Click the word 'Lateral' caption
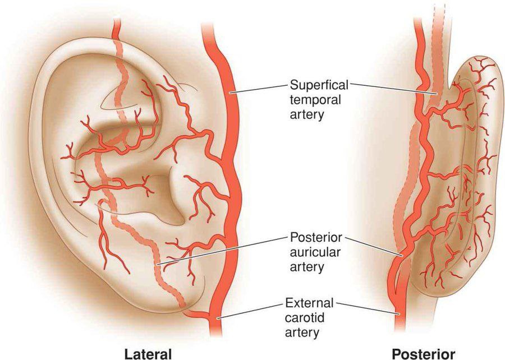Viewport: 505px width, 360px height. [x=148, y=354]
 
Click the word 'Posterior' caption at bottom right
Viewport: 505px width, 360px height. [x=424, y=354]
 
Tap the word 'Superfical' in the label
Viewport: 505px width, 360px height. [x=319, y=85]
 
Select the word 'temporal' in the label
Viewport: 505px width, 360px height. [x=315, y=100]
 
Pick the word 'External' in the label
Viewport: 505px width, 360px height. [x=309, y=303]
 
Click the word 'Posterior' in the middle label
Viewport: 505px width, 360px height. [x=316, y=237]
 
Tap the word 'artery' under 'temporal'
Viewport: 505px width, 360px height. [x=307, y=115]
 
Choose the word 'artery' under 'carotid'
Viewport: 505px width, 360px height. [x=302, y=333]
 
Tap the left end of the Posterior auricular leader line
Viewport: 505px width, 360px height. [x=157, y=265]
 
